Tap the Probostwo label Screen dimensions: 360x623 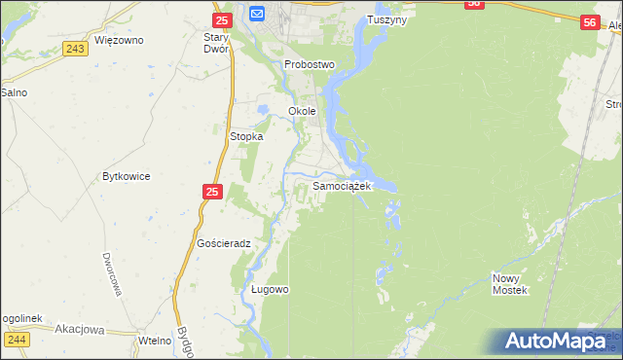[x=310, y=64]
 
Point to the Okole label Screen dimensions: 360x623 [x=303, y=111]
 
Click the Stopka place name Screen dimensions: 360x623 [x=246, y=137]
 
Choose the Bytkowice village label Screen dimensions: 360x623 [x=126, y=177]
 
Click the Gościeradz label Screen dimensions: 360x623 [x=224, y=243]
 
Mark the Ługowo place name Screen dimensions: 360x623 [x=270, y=289]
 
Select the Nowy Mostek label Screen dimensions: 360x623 [x=509, y=284]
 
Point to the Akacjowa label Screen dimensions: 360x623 [x=80, y=329]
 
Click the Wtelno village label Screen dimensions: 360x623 [x=155, y=340]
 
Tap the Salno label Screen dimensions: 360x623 [x=14, y=92]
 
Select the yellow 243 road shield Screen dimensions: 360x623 [x=74, y=48]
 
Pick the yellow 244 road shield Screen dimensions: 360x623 [x=17, y=339]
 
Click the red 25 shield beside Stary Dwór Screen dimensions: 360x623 [x=222, y=19]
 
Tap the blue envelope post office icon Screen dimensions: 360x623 [x=257, y=13]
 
